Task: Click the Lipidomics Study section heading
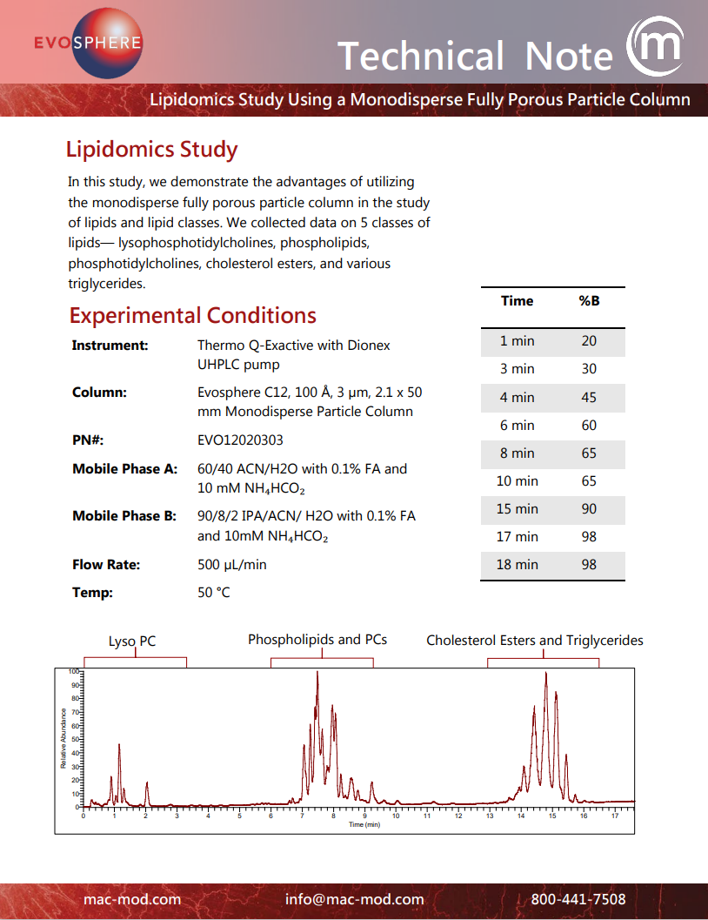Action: click(151, 150)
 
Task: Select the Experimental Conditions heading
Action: click(192, 315)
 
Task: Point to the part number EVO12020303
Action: click(240, 440)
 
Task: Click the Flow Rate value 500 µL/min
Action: click(232, 565)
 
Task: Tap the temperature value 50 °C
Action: click(214, 594)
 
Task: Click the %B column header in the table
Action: click(589, 301)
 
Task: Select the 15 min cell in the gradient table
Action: click(517, 509)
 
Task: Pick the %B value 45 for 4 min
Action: click(589, 398)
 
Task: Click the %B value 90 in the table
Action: click(589, 509)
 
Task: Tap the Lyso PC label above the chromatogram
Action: click(132, 641)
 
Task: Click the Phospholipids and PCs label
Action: click(317, 640)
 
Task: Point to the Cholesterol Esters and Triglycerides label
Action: click(534, 641)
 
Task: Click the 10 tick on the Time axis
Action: click(396, 816)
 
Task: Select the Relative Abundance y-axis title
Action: click(63, 739)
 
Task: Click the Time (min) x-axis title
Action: click(364, 823)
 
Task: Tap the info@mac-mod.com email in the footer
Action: click(354, 900)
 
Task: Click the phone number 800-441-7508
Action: click(578, 900)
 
